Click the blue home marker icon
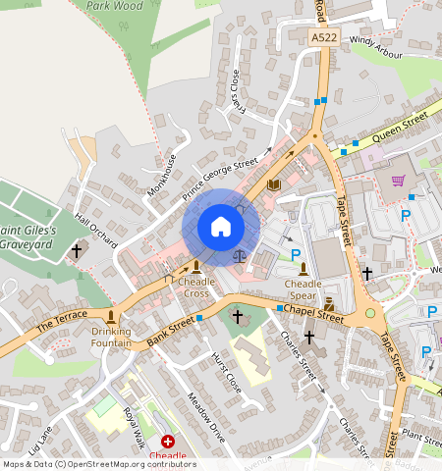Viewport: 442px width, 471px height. click(x=221, y=228)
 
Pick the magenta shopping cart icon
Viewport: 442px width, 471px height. click(x=398, y=181)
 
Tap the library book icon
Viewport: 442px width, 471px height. click(x=274, y=184)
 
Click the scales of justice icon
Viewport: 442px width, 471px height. click(x=240, y=255)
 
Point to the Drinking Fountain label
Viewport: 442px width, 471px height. click(x=111, y=337)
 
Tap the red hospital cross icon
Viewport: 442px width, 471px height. click(x=167, y=443)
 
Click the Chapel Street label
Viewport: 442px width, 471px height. click(x=313, y=313)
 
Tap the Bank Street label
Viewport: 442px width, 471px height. click(x=171, y=329)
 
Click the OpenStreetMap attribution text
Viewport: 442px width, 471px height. click(x=98, y=464)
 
